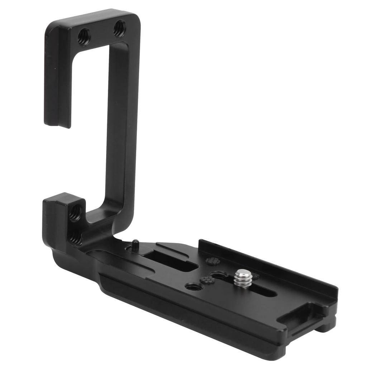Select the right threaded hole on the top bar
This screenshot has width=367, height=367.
coord(119,28)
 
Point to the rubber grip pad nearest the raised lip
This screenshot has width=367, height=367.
coord(213,261)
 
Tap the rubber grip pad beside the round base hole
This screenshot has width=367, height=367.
coord(207,280)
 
